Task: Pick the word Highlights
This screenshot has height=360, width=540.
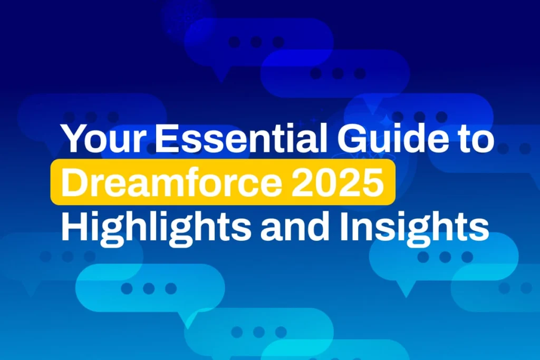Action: (x=156, y=228)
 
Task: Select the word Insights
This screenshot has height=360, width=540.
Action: (x=414, y=228)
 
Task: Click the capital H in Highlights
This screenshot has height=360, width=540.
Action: (x=75, y=226)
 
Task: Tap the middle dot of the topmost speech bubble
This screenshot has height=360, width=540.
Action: (x=256, y=42)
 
